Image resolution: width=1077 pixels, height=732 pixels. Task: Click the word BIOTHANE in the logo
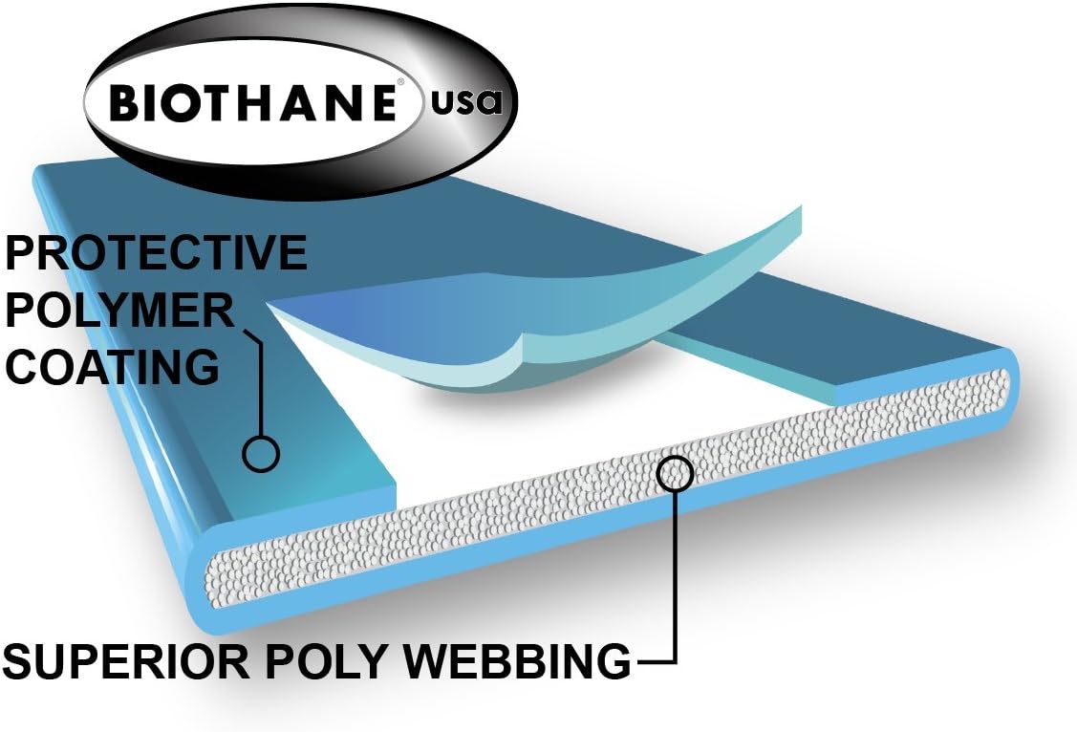(x=253, y=100)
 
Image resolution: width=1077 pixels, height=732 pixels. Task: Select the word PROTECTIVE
(x=157, y=253)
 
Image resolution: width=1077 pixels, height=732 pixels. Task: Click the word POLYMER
(x=118, y=311)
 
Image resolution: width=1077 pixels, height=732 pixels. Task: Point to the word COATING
(x=112, y=367)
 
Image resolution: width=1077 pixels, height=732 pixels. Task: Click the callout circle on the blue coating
(x=260, y=452)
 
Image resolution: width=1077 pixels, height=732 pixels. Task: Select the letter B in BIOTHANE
(x=124, y=101)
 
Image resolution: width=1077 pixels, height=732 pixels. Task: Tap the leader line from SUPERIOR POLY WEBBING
(x=676, y=592)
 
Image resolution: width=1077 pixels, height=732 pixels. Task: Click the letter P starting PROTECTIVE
(x=21, y=253)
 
